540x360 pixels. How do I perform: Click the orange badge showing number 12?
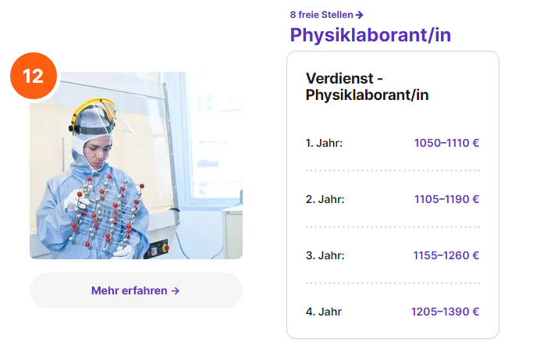coord(34,76)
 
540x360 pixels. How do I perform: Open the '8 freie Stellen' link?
coord(326,15)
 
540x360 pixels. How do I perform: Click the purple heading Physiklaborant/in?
coord(370,35)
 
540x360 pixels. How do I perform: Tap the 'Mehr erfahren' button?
coord(136,290)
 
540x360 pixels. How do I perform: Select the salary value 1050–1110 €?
coord(446,143)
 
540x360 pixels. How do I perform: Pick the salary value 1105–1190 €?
coord(446,199)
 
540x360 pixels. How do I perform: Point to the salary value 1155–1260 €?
coord(446,255)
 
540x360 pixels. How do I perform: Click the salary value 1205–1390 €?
coord(446,312)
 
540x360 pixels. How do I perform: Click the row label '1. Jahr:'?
coord(324,143)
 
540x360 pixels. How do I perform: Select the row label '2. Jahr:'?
coord(325,199)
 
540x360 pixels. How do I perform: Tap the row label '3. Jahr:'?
coord(325,255)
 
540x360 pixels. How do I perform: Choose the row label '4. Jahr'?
coord(324,312)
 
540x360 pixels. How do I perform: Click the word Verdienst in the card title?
coord(339,79)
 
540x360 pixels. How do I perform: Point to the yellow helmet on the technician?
coord(94,114)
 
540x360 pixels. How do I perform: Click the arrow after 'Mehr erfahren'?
coord(176,290)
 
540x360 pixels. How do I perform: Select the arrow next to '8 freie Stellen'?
coord(359,15)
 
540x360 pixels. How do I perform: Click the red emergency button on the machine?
coord(165,248)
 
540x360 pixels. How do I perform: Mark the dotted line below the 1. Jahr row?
coord(393,170)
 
